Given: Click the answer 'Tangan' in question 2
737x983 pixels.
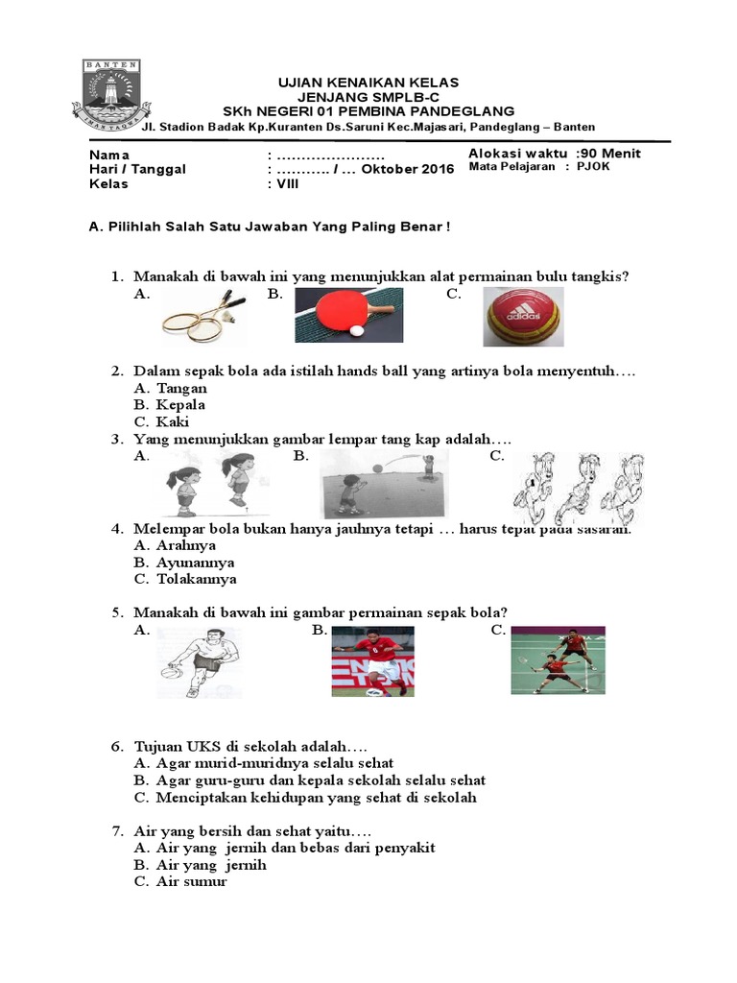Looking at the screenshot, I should [181, 389].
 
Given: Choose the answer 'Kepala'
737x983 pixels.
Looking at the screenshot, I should [181, 405].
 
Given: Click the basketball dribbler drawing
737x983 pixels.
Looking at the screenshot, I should [200, 662].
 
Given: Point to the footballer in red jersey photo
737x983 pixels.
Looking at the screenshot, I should [372, 660].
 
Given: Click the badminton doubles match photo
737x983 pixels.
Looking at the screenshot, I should [558, 659].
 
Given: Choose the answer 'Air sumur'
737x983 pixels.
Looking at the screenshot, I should [191, 881].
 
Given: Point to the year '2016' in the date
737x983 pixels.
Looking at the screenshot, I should [435, 169].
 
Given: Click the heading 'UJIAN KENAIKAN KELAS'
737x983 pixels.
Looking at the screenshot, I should [368, 83].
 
